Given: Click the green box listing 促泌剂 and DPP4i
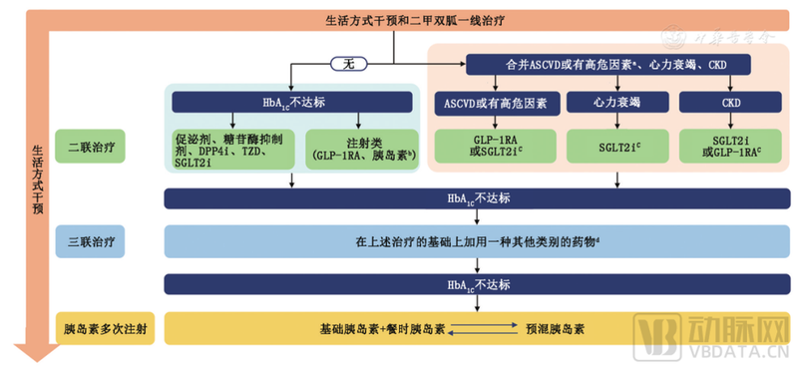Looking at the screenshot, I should [230, 147].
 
